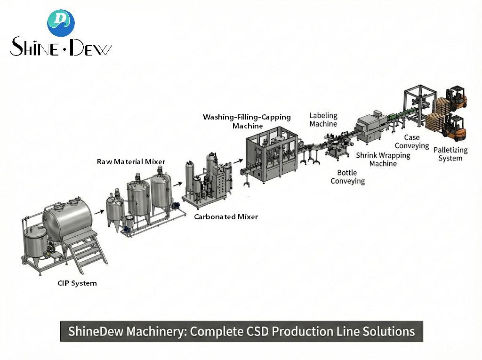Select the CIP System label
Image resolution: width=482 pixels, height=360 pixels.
tap(77, 283)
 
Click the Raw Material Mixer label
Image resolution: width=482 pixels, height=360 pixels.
tap(131, 162)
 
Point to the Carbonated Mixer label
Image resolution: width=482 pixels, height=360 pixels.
tap(226, 217)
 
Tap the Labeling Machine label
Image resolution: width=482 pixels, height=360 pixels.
tap(323, 120)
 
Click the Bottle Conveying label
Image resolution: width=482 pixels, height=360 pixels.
tap(347, 177)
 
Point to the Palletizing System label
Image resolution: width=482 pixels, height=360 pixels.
tap(450, 154)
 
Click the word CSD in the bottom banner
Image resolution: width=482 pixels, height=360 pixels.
tap(258, 331)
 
